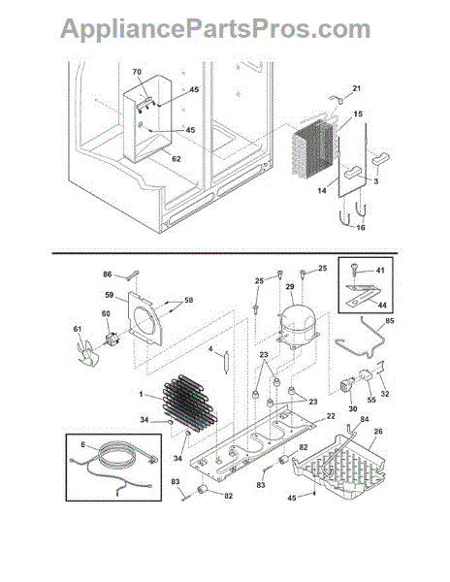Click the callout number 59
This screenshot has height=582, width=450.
pos(109,296)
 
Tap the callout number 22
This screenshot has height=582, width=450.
pos(332,416)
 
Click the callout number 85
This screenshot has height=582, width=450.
pos(390,320)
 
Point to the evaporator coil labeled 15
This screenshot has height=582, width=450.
pos(314,147)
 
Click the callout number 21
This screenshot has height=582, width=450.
pos(357,88)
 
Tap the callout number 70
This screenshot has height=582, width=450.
pos(138,72)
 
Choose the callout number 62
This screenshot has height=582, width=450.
pos(177,159)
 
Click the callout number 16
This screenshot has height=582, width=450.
pos(361,228)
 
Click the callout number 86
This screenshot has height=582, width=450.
pos(108,275)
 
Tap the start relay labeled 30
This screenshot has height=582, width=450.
pos(347,385)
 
